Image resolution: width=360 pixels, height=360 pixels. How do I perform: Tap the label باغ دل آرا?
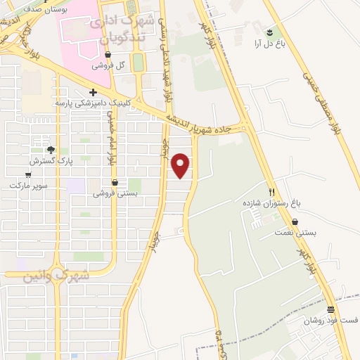pos(269,44)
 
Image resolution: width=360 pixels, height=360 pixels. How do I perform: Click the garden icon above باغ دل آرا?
pos(270,32)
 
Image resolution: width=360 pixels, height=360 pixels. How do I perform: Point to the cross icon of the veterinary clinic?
pos(93,92)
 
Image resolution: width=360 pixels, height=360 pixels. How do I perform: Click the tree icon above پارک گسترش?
pos(50,149)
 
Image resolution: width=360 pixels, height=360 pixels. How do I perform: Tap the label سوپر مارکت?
pos(28,185)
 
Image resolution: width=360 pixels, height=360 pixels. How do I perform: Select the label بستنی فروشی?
pos(115,193)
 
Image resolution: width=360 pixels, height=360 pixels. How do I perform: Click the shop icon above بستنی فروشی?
pos(115,182)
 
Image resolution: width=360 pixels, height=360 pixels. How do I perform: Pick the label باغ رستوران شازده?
pos(271,202)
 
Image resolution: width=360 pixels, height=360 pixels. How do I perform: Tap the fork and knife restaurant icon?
pos(271,191)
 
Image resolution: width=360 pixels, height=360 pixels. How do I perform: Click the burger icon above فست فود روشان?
pos(330,309)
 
